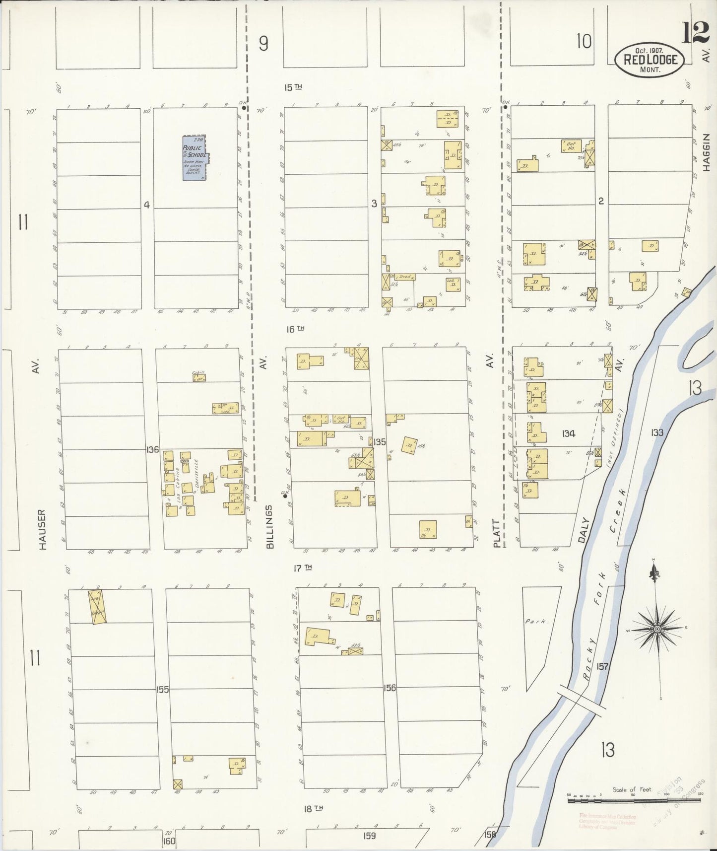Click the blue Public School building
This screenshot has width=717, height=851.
point(196,158)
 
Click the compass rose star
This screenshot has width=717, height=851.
point(657,629)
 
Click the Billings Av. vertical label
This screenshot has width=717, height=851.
point(269,527)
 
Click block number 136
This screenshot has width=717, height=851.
point(152,449)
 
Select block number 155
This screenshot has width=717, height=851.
point(162,690)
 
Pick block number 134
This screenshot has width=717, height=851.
point(568,434)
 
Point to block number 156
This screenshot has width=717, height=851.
point(390,688)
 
